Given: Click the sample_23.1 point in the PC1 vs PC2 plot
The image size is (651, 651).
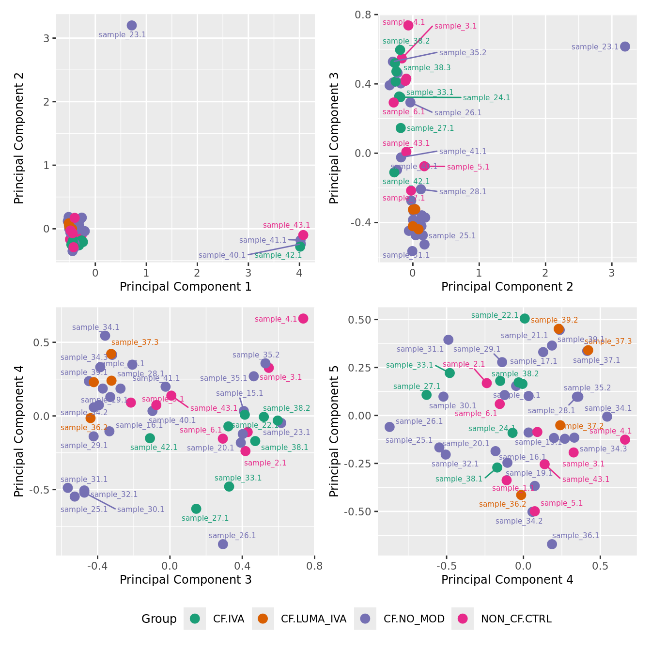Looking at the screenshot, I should [132, 26].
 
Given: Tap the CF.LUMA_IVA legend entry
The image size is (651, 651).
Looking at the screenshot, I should [313, 619].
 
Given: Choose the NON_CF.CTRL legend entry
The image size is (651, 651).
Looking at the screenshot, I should [516, 619].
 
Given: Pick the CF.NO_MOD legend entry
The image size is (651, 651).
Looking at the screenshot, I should [414, 619].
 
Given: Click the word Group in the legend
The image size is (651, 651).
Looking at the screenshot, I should [159, 619].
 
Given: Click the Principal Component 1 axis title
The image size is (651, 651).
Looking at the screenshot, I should [186, 287].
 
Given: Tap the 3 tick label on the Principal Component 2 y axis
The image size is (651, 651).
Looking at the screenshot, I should [46, 38].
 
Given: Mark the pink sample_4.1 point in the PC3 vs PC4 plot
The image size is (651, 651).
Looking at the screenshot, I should [303, 318].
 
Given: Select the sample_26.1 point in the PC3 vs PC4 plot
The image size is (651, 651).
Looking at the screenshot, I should [223, 544].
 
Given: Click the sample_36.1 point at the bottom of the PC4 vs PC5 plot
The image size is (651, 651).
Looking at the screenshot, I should [552, 544].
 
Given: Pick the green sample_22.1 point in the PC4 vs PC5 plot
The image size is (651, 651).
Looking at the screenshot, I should [525, 318].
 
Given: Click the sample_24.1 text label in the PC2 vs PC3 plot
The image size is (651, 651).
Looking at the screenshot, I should [486, 98].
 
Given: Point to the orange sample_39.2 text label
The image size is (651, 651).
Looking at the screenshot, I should [554, 320].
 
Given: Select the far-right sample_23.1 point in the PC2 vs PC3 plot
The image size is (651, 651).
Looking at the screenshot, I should [625, 46].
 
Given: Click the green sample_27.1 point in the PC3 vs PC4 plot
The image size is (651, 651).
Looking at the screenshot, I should [196, 509].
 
